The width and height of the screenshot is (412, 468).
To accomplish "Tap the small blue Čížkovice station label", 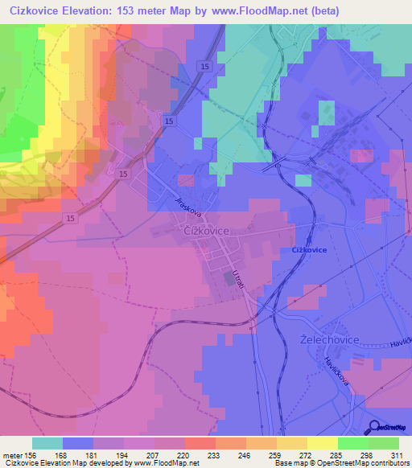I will click(x=309, y=250).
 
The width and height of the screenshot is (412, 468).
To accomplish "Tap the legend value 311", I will click(x=395, y=454).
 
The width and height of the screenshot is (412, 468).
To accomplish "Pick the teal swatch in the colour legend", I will click(x=47, y=443).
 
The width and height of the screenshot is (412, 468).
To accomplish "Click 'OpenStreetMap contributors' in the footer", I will click(x=358, y=463).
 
